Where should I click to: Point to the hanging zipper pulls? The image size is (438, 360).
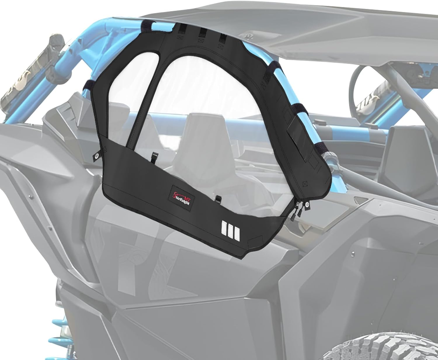click(298, 212)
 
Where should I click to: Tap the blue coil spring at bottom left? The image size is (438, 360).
click(58, 327)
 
